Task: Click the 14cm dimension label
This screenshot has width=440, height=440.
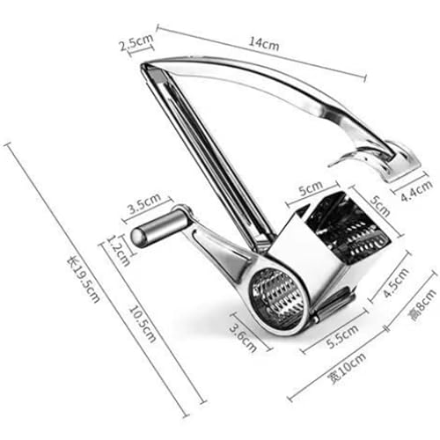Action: (264, 43)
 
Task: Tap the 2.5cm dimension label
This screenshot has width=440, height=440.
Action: (136, 42)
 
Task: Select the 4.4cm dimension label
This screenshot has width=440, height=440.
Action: (416, 191)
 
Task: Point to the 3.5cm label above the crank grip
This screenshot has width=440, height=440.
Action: (144, 203)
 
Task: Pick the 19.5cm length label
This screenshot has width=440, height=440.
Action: (84, 279)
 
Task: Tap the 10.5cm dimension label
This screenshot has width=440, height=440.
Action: (143, 324)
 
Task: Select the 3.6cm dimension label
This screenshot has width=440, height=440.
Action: (243, 337)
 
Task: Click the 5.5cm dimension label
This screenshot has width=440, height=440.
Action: (342, 336)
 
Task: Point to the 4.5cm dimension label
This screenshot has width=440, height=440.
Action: (396, 283)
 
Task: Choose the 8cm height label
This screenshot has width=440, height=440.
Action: (422, 305)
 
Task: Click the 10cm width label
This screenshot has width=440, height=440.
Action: (348, 368)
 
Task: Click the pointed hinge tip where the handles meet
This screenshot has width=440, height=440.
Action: (144, 65)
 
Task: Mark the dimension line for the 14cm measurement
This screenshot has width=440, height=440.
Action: (261, 53)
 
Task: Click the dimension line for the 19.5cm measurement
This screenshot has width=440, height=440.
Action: (97, 280)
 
